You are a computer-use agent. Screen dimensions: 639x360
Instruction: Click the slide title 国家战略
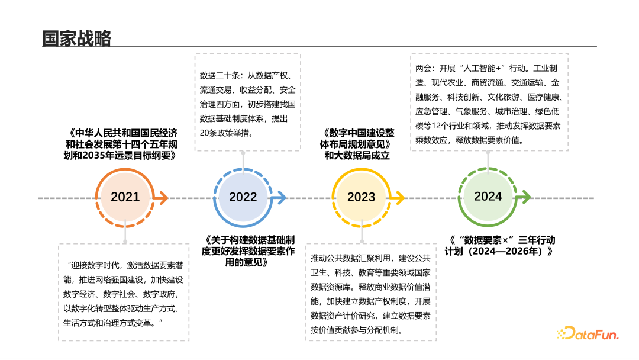point(77,38)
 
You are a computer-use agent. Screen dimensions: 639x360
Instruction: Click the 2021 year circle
point(125,197)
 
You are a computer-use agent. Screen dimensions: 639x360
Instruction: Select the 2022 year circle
point(243,197)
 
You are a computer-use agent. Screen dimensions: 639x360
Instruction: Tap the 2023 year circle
point(361,197)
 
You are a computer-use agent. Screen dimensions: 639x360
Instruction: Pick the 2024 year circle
point(488,197)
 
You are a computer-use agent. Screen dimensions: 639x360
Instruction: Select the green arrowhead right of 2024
point(525,197)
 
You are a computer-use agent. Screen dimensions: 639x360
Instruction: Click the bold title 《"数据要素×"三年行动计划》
point(502,246)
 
